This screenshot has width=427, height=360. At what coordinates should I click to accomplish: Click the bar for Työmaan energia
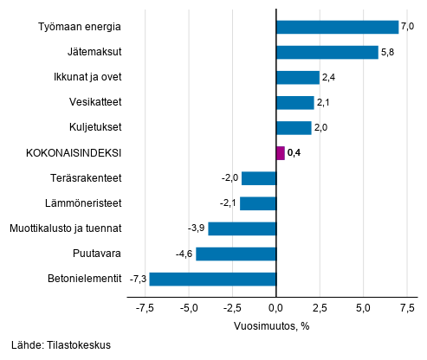pyautogui.click(x=337, y=27)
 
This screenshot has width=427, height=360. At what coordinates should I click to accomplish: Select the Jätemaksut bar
pyautogui.click(x=327, y=52)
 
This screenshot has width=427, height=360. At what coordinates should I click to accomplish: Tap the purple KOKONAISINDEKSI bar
pyautogui.click(x=280, y=153)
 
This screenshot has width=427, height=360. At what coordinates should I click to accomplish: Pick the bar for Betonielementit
pyautogui.click(x=212, y=279)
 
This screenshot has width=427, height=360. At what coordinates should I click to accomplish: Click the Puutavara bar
pyautogui.click(x=236, y=254)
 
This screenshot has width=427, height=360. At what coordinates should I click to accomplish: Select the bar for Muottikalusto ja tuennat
pyautogui.click(x=242, y=228)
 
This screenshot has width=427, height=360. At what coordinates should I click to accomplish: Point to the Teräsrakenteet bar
pyautogui.click(x=258, y=178)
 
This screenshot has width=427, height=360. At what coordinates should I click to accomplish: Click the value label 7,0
pyautogui.click(x=408, y=27)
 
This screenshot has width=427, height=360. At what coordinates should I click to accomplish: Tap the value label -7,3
pyautogui.click(x=138, y=279)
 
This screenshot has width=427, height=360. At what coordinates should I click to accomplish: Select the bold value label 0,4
pyautogui.click(x=294, y=153)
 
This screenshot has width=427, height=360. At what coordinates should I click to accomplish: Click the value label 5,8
pyautogui.click(x=387, y=52)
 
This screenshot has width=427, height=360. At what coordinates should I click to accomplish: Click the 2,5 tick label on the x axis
pyautogui.click(x=319, y=307)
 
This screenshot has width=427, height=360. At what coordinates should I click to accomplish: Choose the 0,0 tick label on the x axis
pyautogui.click(x=275, y=307)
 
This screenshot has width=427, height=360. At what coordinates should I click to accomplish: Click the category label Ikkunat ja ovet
pyautogui.click(x=87, y=77)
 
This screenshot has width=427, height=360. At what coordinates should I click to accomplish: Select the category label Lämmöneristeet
pyautogui.click(x=85, y=203)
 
